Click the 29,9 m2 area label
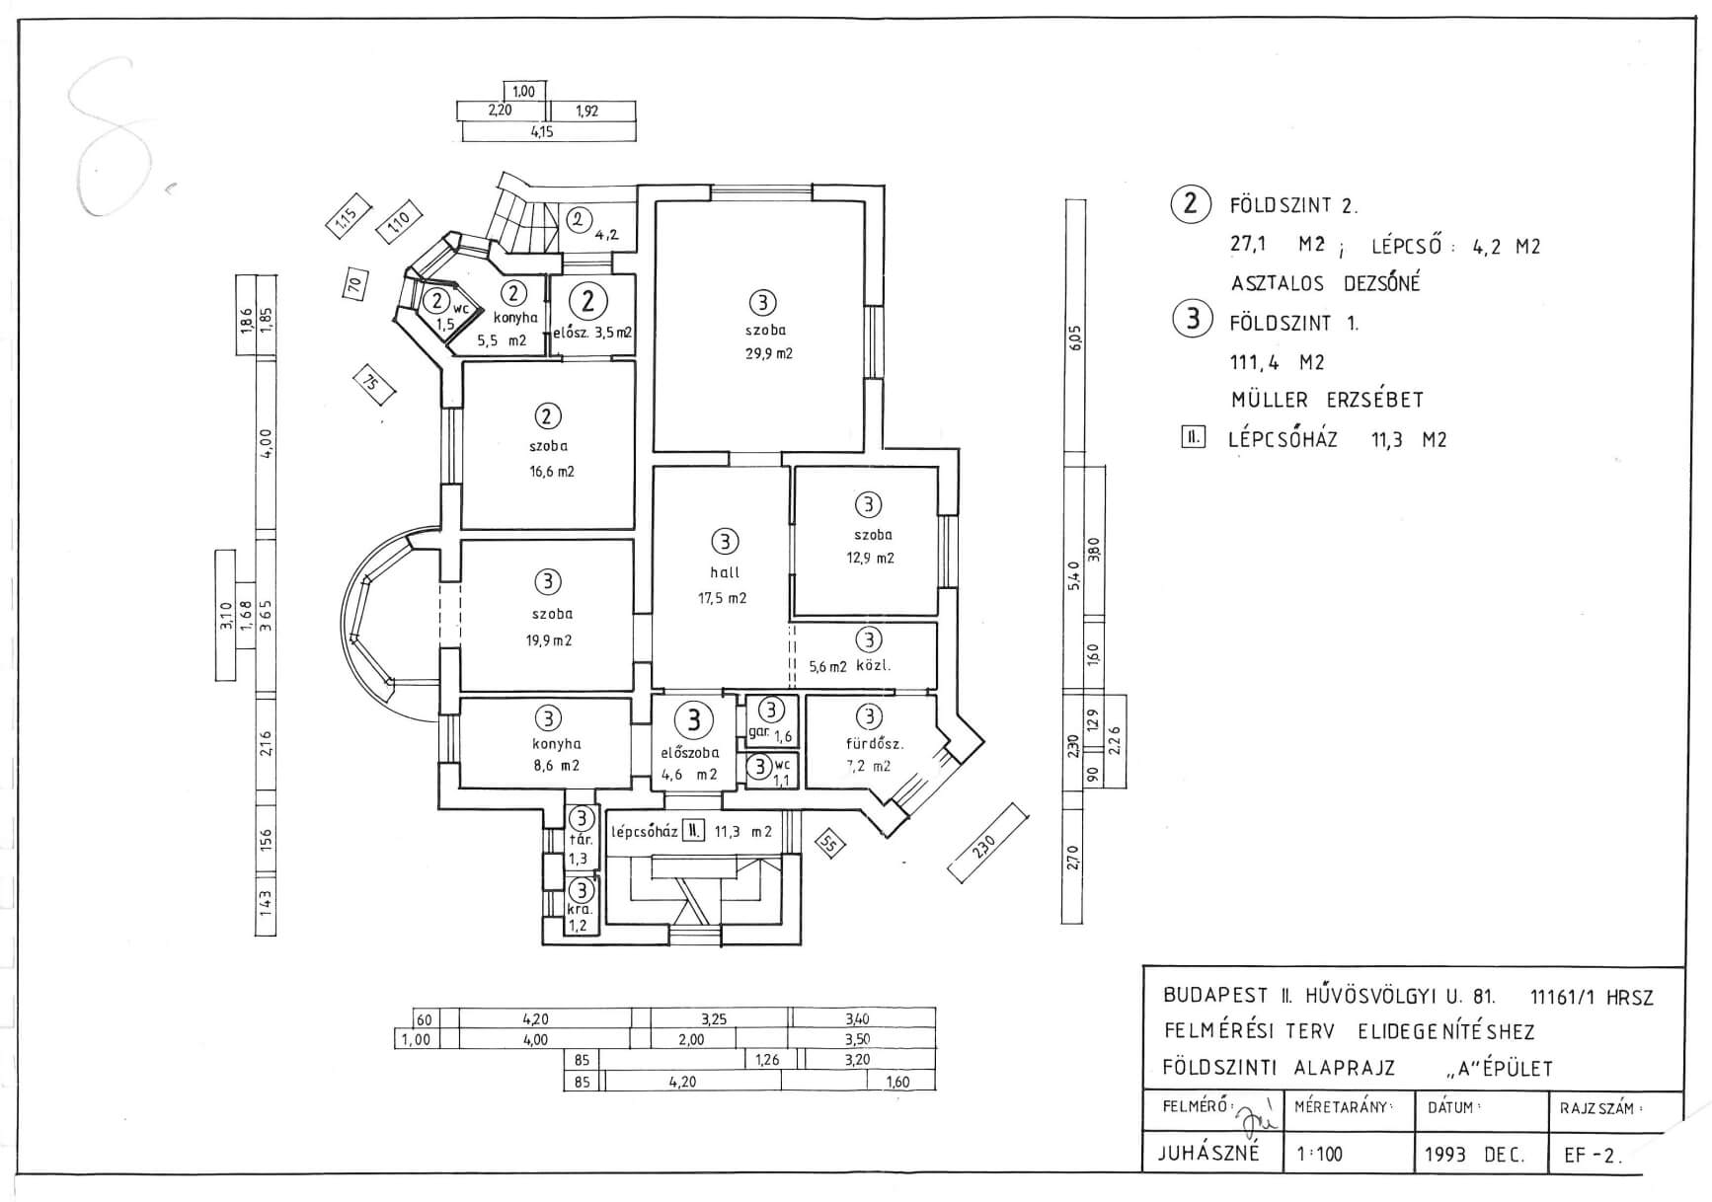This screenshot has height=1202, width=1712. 768,353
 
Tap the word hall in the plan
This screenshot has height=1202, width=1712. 725,572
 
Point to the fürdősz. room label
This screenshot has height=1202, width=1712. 875,744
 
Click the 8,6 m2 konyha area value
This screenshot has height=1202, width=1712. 556,766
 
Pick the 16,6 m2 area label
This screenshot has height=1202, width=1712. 552,472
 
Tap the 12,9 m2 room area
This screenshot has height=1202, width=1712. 870,559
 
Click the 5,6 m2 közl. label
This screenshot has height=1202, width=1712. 850,666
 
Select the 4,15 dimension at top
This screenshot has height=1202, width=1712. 542,131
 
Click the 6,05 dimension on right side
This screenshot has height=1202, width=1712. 1075,338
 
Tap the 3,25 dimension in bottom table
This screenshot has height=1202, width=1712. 713,1019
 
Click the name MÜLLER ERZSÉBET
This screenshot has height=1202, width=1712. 1327,401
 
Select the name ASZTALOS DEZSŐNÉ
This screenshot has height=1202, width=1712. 1325,283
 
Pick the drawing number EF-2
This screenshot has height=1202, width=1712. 1593,1156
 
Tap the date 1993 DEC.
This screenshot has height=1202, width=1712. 1474,1155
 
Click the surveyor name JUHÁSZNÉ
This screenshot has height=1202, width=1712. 1208,1153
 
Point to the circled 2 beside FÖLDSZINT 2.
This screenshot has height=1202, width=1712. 1192,203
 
